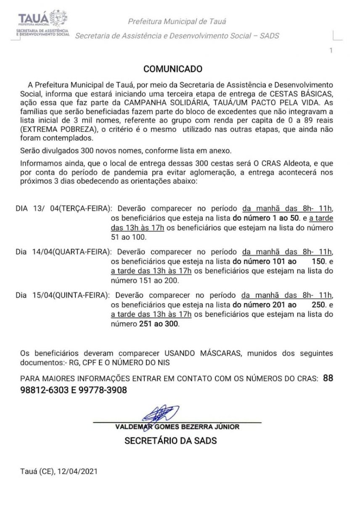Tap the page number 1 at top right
[x=331, y=51]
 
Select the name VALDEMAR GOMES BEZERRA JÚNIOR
[x=177, y=427]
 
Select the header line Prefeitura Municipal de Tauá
[x=179, y=21]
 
